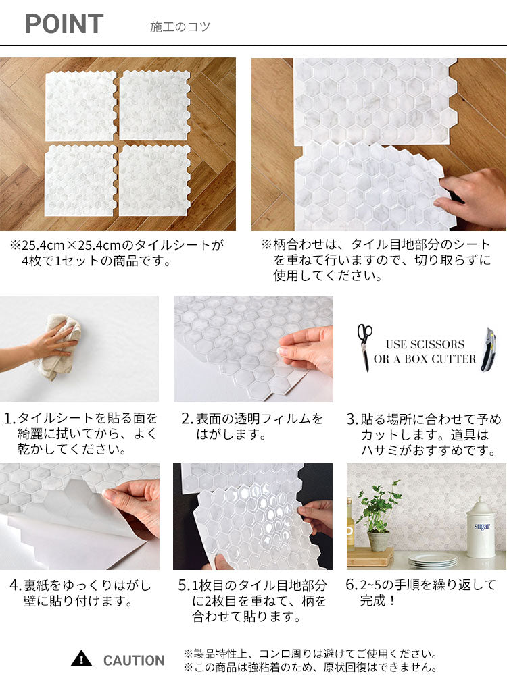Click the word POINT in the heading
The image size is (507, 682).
click(64, 24)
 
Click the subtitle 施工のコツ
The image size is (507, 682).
click(180, 27)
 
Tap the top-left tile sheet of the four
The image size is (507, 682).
click(80, 106)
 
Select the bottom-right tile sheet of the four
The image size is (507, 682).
click(154, 180)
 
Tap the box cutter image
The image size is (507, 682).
click(487, 349)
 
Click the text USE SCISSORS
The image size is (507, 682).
click(425, 344)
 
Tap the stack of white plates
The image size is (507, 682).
click(433, 559)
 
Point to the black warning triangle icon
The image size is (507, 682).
click(81, 659)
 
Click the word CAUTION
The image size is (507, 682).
click(134, 660)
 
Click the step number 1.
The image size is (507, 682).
click(9, 419)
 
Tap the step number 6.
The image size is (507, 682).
click(352, 585)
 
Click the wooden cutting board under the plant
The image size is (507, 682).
click(369, 557)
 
